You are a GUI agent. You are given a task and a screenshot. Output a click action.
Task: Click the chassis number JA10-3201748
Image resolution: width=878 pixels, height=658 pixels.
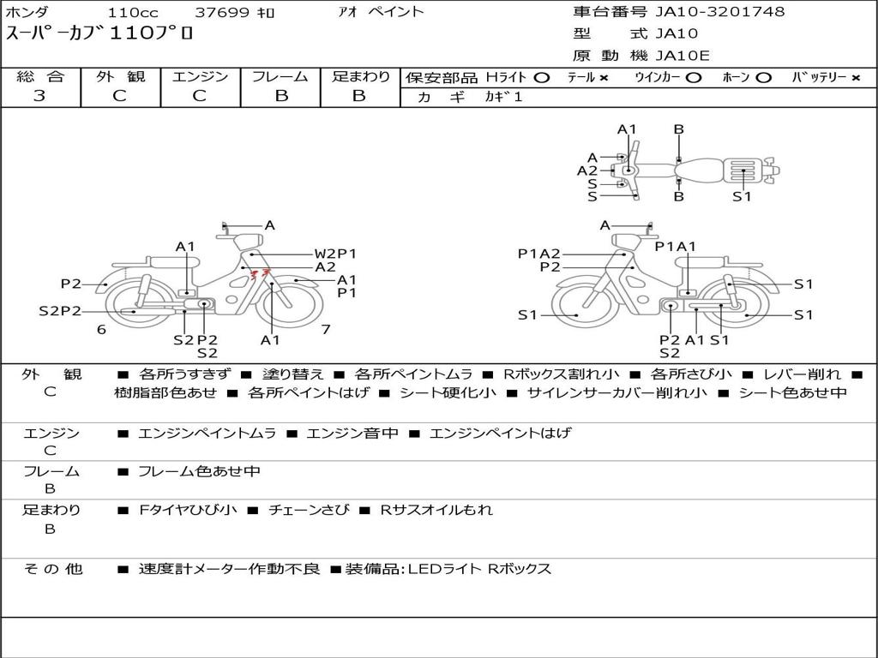(720, 11)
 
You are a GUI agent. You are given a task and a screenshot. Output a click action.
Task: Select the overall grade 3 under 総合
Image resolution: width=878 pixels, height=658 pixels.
(39, 96)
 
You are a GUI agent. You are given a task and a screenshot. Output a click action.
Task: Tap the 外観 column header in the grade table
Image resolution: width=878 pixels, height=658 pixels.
(120, 76)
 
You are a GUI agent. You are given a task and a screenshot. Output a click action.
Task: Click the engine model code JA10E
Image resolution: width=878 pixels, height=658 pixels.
(683, 56)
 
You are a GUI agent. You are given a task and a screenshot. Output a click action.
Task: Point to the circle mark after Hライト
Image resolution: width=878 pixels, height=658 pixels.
(542, 78)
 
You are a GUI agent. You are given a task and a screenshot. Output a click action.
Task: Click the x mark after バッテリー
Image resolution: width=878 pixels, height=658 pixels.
(856, 78)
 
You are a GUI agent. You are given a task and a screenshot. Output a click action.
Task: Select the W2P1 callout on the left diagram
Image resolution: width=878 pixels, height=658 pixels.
(335, 254)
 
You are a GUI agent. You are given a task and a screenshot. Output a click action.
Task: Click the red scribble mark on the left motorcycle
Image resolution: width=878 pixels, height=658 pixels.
(259, 273)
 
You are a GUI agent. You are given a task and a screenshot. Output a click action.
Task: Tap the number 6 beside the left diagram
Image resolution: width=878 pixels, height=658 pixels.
(101, 329)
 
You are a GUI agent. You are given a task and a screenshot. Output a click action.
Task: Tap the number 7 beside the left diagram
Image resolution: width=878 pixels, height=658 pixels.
(326, 329)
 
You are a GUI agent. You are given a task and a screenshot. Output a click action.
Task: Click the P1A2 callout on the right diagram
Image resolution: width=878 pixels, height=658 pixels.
(538, 254)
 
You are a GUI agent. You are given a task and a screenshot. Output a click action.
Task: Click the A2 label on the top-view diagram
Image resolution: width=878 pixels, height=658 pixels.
(587, 170)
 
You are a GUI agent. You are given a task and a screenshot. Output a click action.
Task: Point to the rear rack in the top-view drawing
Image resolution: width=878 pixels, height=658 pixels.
(743, 170)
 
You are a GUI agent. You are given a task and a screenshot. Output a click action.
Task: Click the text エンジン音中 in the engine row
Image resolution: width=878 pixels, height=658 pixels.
(352, 433)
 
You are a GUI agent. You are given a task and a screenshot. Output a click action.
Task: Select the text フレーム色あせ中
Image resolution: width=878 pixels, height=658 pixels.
(199, 471)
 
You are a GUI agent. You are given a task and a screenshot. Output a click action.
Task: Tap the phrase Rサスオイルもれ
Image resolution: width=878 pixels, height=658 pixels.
(436, 510)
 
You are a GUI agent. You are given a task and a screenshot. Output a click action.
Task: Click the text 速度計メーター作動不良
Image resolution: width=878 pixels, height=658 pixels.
(229, 569)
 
